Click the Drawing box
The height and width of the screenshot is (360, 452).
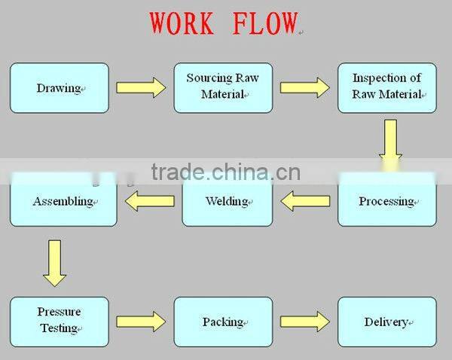(59, 88)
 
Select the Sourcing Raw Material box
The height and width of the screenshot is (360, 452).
(223, 88)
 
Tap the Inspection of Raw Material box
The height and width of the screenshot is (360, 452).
(386, 88)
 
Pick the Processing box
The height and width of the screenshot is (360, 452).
(386, 201)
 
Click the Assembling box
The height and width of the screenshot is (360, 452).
(63, 201)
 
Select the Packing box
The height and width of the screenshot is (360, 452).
(223, 322)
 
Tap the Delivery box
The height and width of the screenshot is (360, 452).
(386, 322)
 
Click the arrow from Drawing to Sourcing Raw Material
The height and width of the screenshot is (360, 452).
(141, 88)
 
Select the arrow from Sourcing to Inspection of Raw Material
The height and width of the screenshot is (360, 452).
(304, 88)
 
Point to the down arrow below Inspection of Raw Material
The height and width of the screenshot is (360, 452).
(389, 139)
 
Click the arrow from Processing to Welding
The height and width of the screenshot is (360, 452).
(305, 201)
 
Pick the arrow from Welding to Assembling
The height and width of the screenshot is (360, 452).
(149, 201)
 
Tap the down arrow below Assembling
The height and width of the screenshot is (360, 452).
(54, 263)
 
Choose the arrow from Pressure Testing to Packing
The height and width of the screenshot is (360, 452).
(141, 322)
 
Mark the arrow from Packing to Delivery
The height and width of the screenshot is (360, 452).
(304, 322)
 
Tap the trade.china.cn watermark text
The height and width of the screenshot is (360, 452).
(225, 172)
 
